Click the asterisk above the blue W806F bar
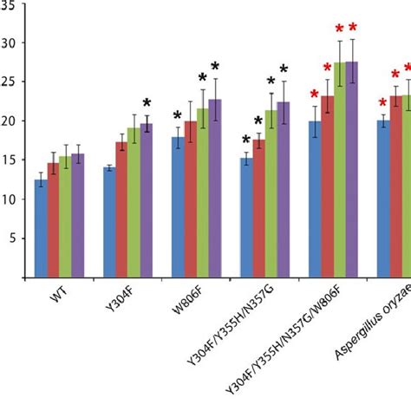pyautogui.click(x=178, y=116)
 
